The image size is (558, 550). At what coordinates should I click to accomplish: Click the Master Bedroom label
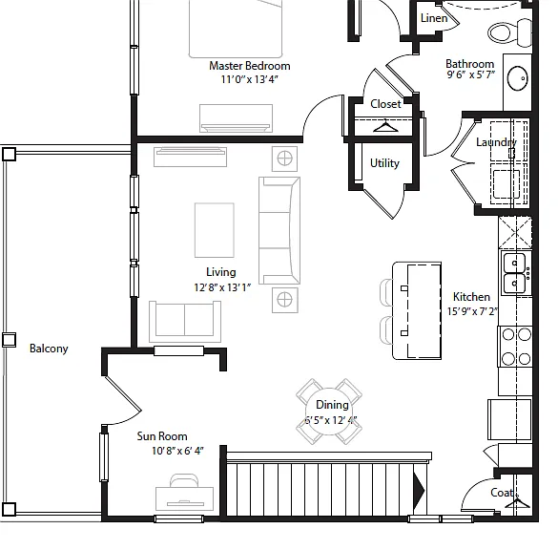pyautogui.click(x=250, y=66)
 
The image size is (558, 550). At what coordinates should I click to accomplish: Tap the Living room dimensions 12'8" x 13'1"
pyautogui.click(x=222, y=287)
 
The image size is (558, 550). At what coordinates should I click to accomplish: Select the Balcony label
pyautogui.click(x=49, y=349)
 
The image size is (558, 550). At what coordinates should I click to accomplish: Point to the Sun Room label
pyautogui.click(x=162, y=436)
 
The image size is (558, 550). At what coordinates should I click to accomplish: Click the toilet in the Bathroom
pyautogui.click(x=509, y=32)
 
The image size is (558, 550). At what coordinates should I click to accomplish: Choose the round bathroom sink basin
pyautogui.click(x=517, y=78)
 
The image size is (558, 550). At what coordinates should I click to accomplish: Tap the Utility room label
pyautogui.click(x=384, y=163)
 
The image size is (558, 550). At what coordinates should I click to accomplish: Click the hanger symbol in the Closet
pyautogui.click(x=385, y=126)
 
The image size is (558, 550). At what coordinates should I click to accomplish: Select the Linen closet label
pyautogui.click(x=434, y=18)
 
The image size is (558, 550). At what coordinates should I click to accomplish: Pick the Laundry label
pyautogui.click(x=496, y=142)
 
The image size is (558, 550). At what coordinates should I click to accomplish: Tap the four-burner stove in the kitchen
pyautogui.click(x=515, y=347)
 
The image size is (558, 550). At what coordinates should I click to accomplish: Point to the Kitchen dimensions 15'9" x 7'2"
pyautogui.click(x=472, y=311)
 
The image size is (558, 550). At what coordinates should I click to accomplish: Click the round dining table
pyautogui.click(x=329, y=412)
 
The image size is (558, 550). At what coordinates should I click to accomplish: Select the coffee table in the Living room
pyautogui.click(x=215, y=230)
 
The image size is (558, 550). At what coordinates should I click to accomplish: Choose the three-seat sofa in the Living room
pyautogui.click(x=279, y=230)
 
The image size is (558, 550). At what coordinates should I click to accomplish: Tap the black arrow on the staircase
pyautogui.click(x=419, y=490)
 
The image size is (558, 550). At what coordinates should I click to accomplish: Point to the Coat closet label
pyautogui.click(x=502, y=493)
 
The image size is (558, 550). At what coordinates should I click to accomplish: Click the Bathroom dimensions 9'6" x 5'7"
pyautogui.click(x=471, y=74)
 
